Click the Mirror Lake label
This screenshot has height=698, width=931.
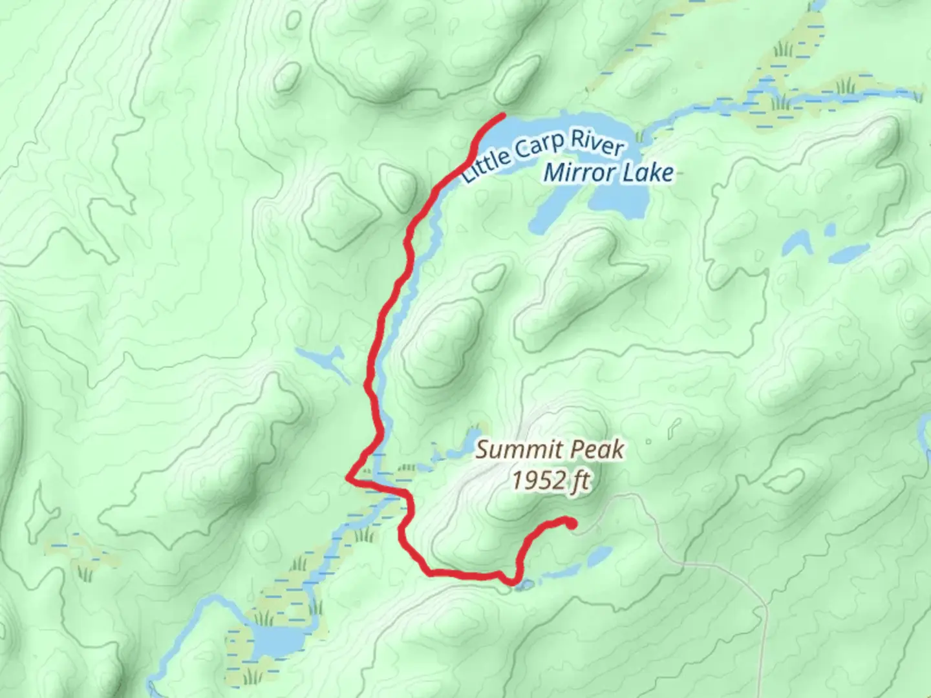point(608,173)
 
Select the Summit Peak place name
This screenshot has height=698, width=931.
point(550,450)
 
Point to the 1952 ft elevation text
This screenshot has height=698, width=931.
point(551,480)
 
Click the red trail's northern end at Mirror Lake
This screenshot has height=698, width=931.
point(502,115)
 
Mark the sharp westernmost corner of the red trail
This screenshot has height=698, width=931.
point(348,478)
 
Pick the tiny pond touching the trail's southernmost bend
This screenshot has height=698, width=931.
point(524,586)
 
